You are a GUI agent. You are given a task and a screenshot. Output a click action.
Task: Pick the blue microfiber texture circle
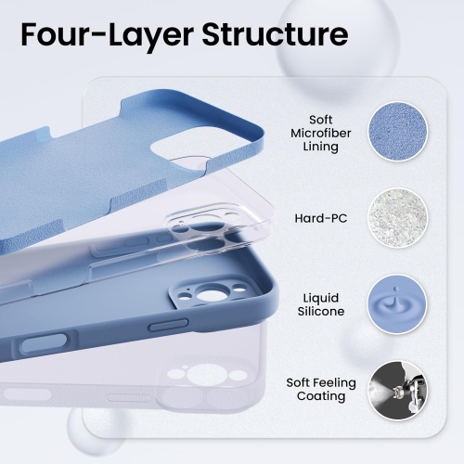[x=397, y=133]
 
